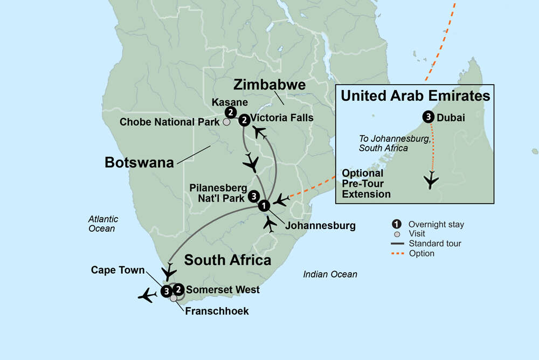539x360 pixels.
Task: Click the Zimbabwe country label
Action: tap(269, 85)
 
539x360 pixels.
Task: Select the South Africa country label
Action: tap(227, 260)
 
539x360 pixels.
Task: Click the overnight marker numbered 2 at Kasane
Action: tap(231, 113)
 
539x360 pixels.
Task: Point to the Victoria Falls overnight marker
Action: tap(244, 119)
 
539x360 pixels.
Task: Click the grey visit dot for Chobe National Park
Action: tap(227, 122)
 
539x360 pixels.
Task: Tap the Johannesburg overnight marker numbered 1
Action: tap(263, 205)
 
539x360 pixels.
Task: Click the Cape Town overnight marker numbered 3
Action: tap(166, 292)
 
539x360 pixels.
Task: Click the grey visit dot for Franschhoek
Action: tap(173, 298)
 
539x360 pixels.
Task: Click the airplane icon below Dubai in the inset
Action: tap(431, 180)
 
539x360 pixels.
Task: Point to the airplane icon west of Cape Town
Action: tap(148, 295)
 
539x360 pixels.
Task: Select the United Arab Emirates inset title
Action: tap(416, 96)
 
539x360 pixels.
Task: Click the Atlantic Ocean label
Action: tap(103, 224)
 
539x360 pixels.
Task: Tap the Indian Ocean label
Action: tap(330, 274)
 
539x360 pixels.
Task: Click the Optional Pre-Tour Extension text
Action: tap(367, 184)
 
